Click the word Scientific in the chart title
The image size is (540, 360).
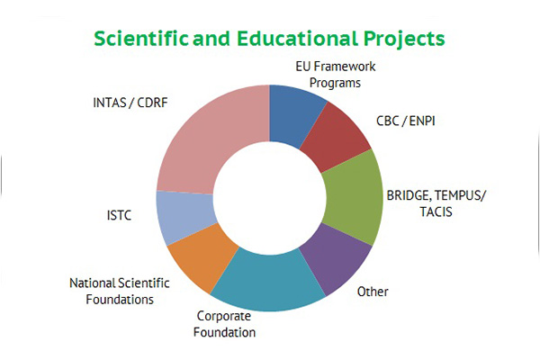coord(141,38)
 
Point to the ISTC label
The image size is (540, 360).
coord(119,215)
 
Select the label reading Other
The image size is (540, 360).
coord(373,292)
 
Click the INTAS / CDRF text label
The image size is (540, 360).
coord(130,103)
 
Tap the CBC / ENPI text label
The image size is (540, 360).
coord(406,121)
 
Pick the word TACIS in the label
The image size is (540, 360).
coord(436,211)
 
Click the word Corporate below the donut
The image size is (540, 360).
coord(224,316)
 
